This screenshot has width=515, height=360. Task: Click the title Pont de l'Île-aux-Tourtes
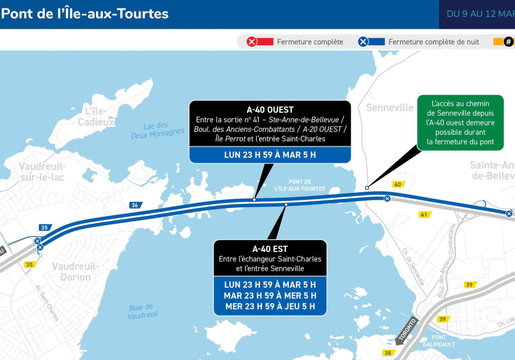click(x=85, y=13)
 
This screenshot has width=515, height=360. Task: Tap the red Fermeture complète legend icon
click(x=252, y=42)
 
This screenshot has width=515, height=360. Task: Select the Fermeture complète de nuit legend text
click(x=434, y=42)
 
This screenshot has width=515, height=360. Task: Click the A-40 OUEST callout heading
click(x=270, y=110)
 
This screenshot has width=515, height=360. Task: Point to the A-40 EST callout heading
click(x=270, y=249)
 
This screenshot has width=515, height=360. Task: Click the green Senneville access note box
click(x=460, y=123)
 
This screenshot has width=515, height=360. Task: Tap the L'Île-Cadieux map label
click(x=96, y=116)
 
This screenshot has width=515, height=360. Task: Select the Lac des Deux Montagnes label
click(x=157, y=130)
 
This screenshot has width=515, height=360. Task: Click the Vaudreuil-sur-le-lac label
click(x=42, y=171)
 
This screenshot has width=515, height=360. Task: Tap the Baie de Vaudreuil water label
click(x=143, y=311)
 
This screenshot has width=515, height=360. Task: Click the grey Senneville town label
click(x=389, y=108)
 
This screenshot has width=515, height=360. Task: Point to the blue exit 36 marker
click(x=135, y=205)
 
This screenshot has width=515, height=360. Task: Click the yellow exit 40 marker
click(x=398, y=184)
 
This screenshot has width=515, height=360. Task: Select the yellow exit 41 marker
click(x=424, y=214)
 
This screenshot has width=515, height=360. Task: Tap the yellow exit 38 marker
click(x=388, y=353)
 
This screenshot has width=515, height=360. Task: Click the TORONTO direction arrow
click(x=407, y=330)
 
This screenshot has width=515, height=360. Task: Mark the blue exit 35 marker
click(x=45, y=228)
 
